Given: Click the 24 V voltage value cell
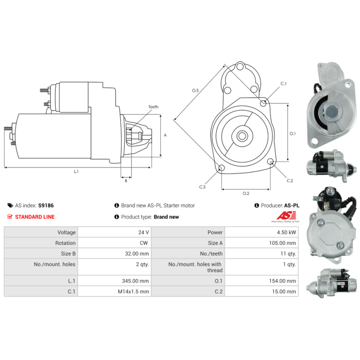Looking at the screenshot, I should [x=144, y=232].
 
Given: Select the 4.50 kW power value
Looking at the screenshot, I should [x=287, y=232].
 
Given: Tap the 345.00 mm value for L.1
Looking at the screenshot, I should [x=139, y=281].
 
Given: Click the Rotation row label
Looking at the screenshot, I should [x=66, y=243].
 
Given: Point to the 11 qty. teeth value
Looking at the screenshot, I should [x=288, y=254].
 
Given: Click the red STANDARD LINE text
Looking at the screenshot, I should [x=35, y=217].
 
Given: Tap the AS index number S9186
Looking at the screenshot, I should [x=46, y=205].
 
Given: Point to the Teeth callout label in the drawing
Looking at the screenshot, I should [x=153, y=107].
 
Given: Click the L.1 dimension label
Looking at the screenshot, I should [x=76, y=171].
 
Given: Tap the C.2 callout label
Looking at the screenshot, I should [x=290, y=181].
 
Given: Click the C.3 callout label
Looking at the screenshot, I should [x=202, y=187].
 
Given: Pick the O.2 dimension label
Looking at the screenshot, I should [x=246, y=193].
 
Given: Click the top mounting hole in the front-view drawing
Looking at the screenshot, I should [x=240, y=67].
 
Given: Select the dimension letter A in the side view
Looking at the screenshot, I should [x=165, y=135].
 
